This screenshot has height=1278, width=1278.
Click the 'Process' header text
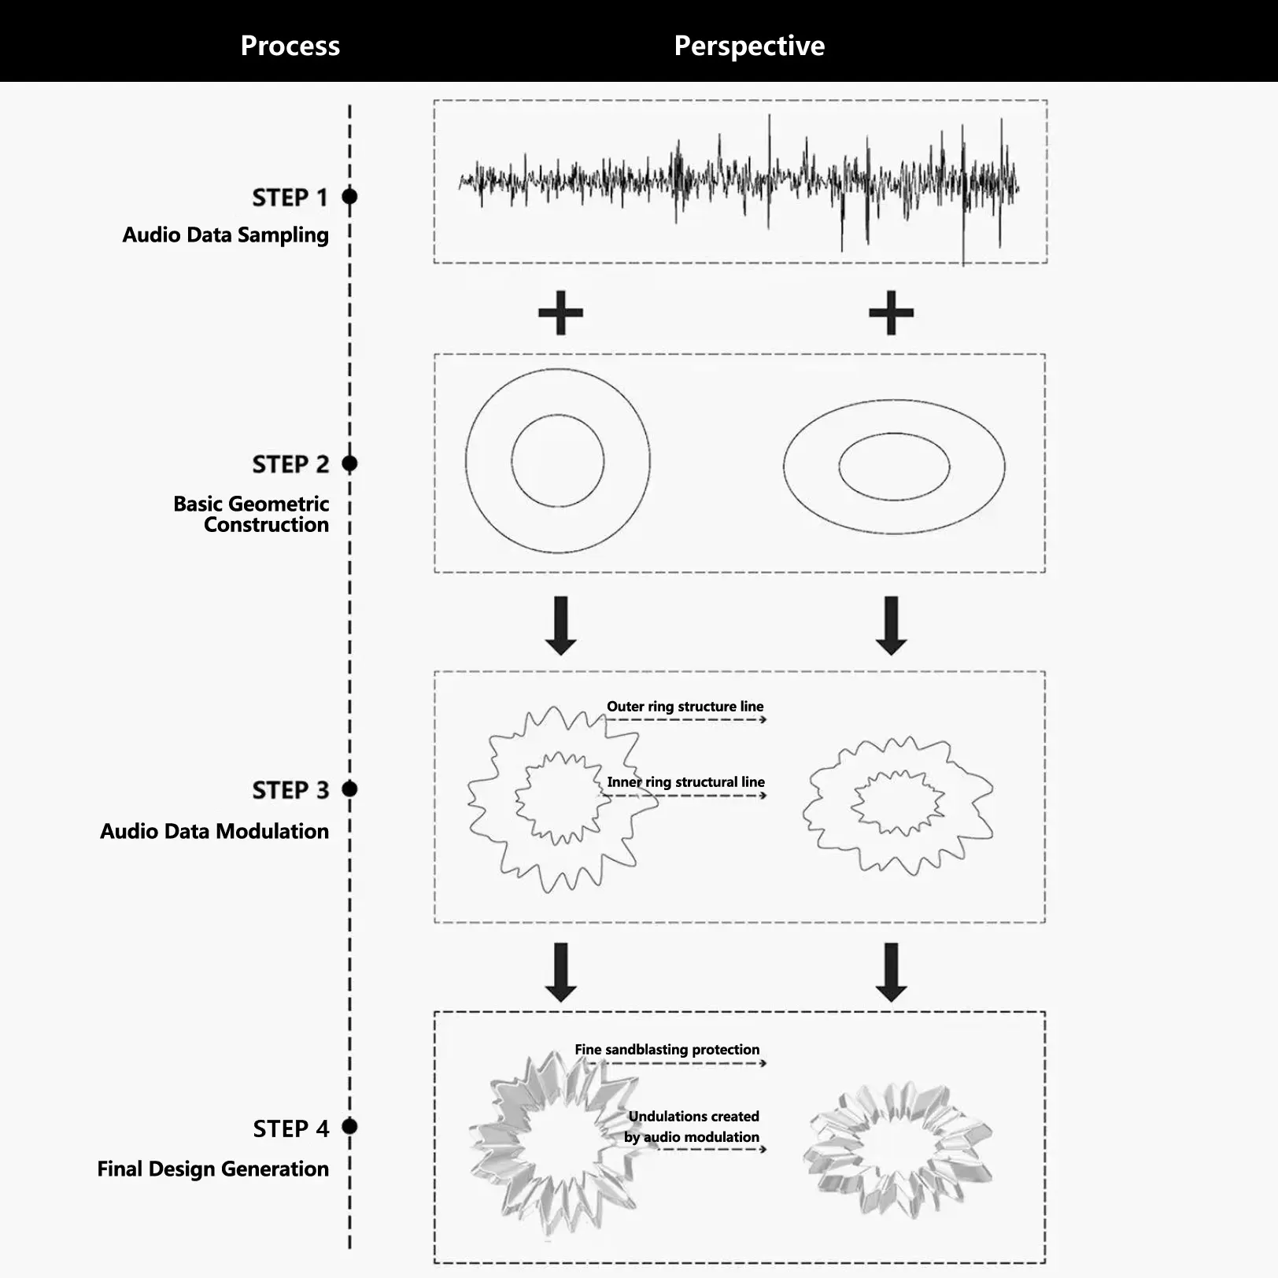pos(290,46)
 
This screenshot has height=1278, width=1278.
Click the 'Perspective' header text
pos(749,46)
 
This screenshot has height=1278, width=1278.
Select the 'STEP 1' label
pos(290,198)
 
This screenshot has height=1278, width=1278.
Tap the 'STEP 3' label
pos(290,790)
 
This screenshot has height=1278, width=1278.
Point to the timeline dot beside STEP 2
pos(350,464)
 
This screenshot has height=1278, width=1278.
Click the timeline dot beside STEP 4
pos(350,1127)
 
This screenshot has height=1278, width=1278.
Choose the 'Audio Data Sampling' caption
pos(225,235)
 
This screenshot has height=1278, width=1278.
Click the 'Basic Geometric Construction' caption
pos(251,514)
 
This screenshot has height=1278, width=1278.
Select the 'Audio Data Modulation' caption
pos(214,831)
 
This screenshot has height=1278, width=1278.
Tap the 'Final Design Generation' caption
pos(212,1169)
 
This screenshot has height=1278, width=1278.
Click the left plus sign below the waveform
pos(560,312)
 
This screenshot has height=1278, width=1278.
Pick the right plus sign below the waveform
pos(891,312)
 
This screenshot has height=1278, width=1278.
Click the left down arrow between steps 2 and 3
pos(560,626)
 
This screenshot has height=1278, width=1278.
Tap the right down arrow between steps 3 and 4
pos(891,973)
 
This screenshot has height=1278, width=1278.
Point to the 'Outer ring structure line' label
pos(685,707)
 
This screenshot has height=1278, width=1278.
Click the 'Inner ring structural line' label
pos(685,782)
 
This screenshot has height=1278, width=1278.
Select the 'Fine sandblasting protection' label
pos(667,1050)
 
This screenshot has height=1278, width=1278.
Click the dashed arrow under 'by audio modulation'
pos(708,1150)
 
